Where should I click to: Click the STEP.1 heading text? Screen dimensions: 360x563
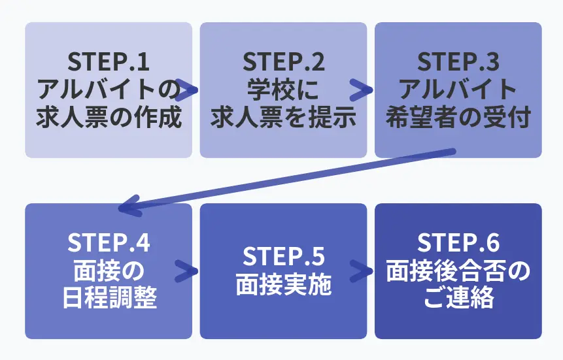109,62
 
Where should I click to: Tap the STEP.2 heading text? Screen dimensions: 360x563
283,62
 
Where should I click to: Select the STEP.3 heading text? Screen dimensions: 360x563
458,62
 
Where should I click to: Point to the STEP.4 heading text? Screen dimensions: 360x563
109,243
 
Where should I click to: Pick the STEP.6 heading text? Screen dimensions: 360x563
458,243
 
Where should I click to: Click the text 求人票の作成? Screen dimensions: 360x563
109,118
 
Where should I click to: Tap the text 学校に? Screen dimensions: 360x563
283,90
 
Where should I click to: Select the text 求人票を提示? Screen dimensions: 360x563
283,118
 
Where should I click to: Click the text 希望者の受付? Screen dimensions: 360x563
458,118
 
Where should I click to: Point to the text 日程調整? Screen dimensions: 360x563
109,299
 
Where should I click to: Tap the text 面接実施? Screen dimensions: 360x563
283,285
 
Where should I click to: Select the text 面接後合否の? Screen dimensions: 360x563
458,271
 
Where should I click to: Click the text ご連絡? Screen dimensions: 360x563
458,299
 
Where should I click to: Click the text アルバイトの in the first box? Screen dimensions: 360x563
109,90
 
